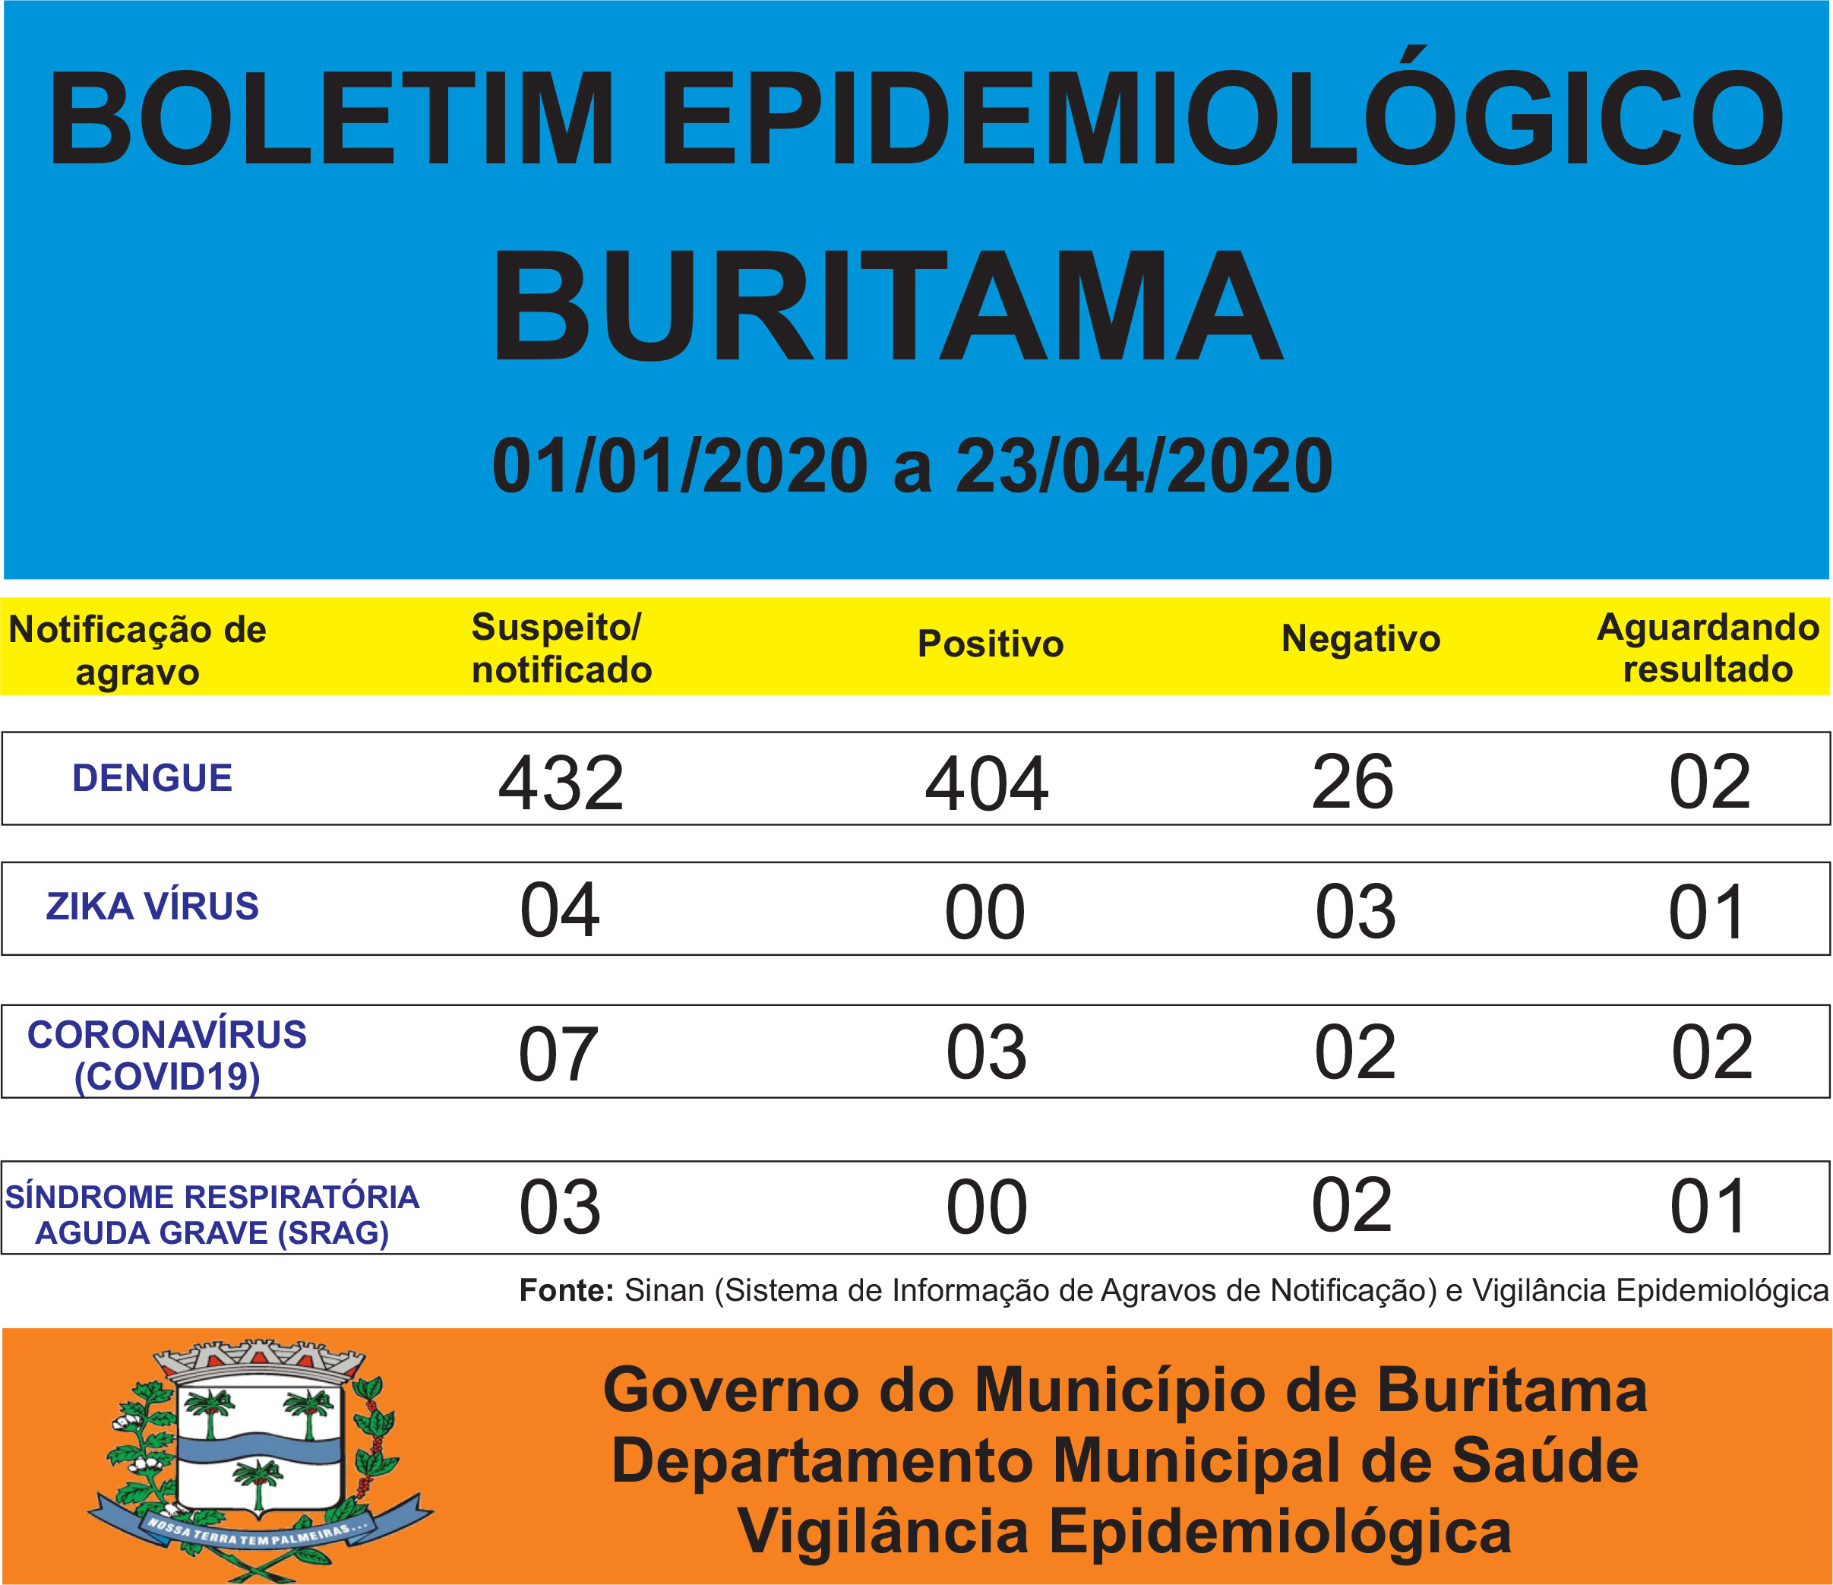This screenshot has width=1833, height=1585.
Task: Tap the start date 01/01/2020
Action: click(x=679, y=467)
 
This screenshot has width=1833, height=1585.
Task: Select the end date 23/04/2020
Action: click(x=1143, y=467)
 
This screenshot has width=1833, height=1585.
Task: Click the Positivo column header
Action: click(x=990, y=644)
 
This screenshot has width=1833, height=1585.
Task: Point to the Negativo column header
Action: click(x=1361, y=638)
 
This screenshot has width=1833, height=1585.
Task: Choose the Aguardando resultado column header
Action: click(x=1708, y=648)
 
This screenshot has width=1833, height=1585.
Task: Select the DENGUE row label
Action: click(x=152, y=778)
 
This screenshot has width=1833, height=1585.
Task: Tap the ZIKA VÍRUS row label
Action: click(x=152, y=906)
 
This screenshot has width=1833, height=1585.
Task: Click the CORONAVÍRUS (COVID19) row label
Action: click(x=167, y=1055)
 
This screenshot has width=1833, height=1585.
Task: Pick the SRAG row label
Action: click(x=212, y=1214)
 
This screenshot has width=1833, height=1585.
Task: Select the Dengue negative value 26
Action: click(x=1353, y=783)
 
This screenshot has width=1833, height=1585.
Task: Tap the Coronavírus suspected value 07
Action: click(x=558, y=1054)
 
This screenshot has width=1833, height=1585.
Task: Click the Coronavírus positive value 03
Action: click(x=987, y=1052)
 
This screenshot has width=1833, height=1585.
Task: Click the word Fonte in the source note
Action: click(x=566, y=1290)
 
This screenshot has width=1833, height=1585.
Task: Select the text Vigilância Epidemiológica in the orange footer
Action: click(x=1124, y=1531)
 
